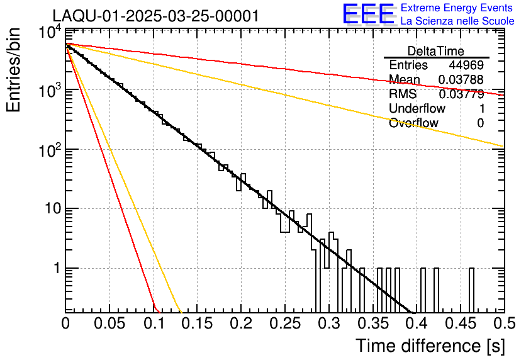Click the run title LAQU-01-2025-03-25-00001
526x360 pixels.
click(x=155, y=16)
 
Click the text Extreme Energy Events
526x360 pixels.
click(x=457, y=8)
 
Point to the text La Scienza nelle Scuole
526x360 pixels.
click(x=457, y=21)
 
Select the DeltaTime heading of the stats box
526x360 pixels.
click(x=436, y=51)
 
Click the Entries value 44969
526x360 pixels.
click(x=466, y=65)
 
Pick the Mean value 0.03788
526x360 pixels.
click(x=461, y=80)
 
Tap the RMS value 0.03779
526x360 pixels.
click(x=461, y=94)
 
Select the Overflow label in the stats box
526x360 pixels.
click(x=413, y=123)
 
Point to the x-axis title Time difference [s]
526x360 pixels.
click(x=429, y=346)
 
